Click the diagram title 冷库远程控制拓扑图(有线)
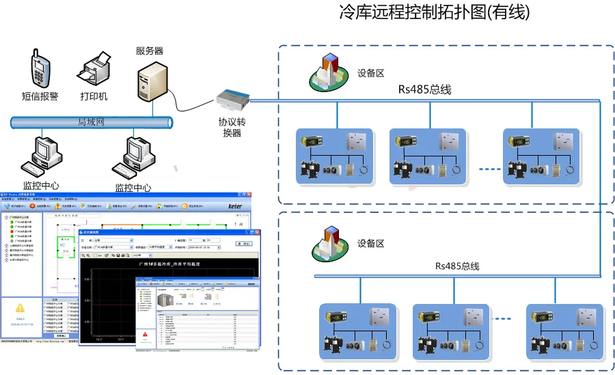pos(434,13)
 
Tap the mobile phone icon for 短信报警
pos(40,68)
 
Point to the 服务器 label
pos(150,51)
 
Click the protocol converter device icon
pos(232,100)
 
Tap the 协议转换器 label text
pos(232,127)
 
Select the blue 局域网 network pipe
pos(91,122)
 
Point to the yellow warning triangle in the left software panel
pos(20,308)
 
